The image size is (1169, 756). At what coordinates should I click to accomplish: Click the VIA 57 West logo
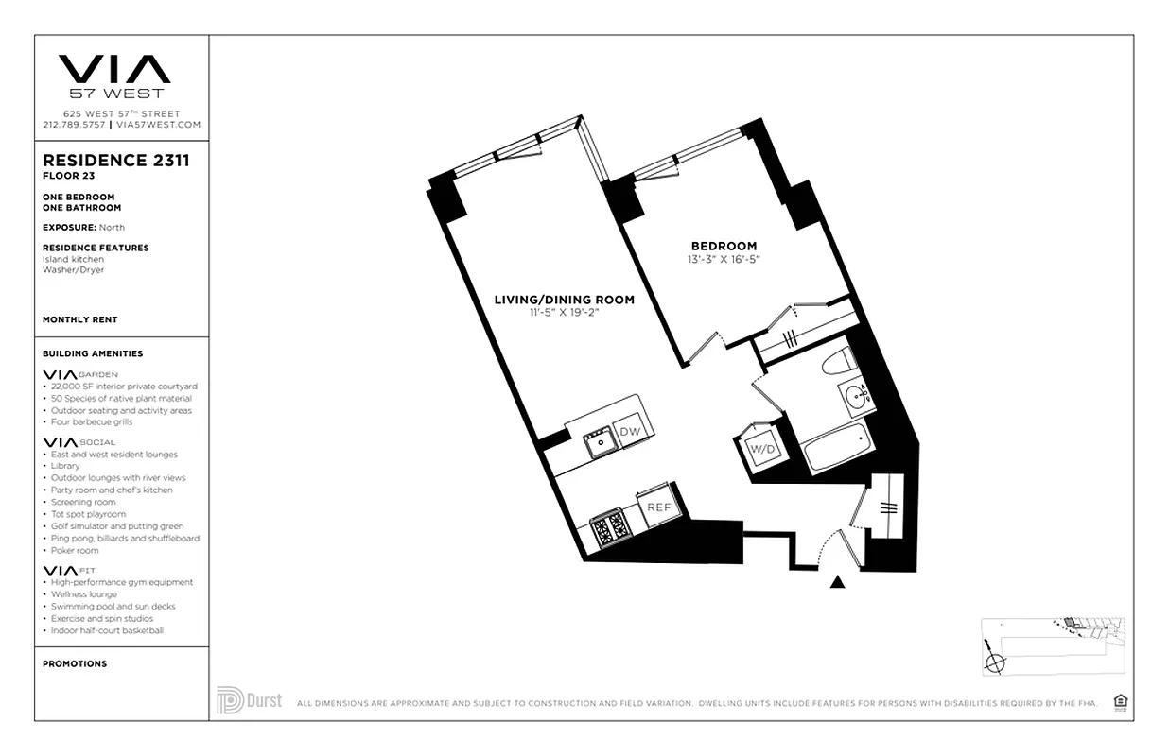(x=114, y=75)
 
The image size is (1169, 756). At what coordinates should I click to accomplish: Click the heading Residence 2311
(x=116, y=161)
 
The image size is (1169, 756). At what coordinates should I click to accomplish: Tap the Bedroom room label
(x=723, y=246)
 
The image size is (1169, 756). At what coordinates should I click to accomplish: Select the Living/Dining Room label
(x=564, y=300)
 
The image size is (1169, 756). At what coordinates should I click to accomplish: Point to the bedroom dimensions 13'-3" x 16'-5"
(x=723, y=259)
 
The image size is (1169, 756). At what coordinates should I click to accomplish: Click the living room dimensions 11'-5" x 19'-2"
(x=564, y=313)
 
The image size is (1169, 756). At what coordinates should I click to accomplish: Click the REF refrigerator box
(x=658, y=507)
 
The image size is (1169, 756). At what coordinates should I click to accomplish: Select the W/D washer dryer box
(x=762, y=449)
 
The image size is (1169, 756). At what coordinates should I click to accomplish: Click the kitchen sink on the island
(x=598, y=440)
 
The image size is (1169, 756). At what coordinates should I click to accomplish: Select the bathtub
(x=837, y=450)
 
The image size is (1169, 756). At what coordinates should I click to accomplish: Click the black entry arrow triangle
(x=837, y=582)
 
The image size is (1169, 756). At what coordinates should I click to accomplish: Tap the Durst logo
(x=249, y=701)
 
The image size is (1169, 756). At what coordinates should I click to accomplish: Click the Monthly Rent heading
(x=80, y=319)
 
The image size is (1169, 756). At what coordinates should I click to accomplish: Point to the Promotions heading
(x=75, y=663)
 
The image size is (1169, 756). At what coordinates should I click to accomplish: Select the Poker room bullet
(x=75, y=550)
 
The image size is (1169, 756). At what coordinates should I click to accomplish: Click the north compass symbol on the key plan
(x=993, y=662)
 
